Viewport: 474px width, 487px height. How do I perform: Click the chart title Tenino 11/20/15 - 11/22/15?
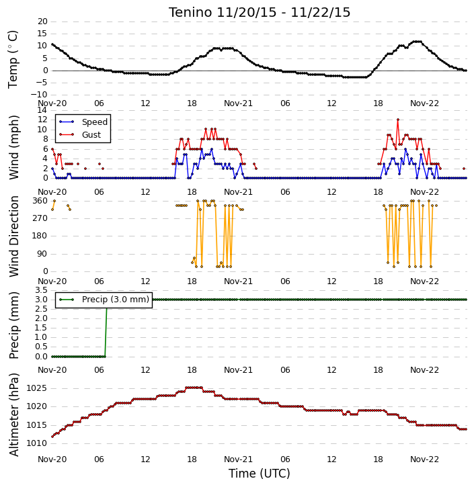pos(260,12)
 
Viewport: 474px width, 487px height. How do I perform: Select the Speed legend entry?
pos(83,122)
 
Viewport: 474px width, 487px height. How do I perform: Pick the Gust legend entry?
pos(80,135)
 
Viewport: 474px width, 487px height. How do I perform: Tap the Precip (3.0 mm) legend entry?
pos(104,300)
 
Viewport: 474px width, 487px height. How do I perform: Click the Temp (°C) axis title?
pos(13,59)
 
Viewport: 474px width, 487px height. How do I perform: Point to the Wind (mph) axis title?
pos(14,147)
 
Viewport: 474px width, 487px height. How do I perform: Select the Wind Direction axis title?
pos(14,236)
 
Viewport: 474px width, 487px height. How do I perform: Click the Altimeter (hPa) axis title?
pos(14,415)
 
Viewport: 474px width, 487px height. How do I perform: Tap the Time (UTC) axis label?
pos(260,474)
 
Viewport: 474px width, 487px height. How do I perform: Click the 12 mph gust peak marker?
pos(398,120)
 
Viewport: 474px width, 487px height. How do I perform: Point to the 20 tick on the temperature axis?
pos(42,21)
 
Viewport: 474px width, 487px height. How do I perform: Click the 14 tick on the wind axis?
pos(42,110)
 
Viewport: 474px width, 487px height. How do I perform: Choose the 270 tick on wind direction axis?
pos(40,218)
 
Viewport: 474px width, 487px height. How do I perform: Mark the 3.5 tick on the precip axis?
pos(42,290)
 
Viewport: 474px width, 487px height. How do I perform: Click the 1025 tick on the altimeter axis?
pos(37,388)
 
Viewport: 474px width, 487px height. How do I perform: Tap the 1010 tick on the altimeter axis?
pos(37,443)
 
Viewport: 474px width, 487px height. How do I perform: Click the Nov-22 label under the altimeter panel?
pos(424,459)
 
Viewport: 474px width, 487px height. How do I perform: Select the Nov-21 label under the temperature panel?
pos(239,103)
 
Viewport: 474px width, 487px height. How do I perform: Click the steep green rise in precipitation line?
pos(106,328)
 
